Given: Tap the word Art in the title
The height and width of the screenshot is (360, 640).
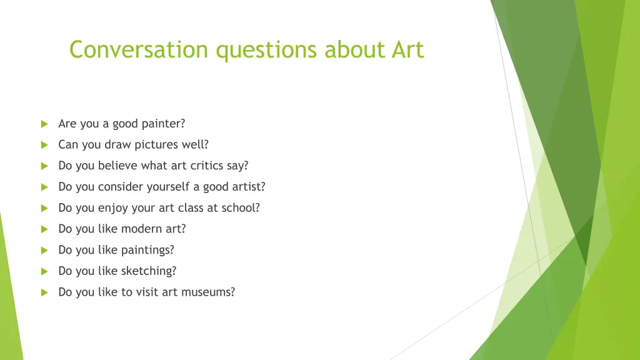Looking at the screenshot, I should click(408, 49).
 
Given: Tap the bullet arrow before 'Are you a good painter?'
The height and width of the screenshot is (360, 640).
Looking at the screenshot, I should click(44, 124).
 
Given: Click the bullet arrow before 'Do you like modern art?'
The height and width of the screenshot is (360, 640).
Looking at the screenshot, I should click(44, 229).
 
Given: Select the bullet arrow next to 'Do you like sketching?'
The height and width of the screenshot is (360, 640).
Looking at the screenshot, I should click(44, 271).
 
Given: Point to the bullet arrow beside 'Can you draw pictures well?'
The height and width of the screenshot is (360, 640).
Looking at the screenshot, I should click(44, 145).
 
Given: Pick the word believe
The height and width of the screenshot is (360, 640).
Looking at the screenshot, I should click(118, 166).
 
